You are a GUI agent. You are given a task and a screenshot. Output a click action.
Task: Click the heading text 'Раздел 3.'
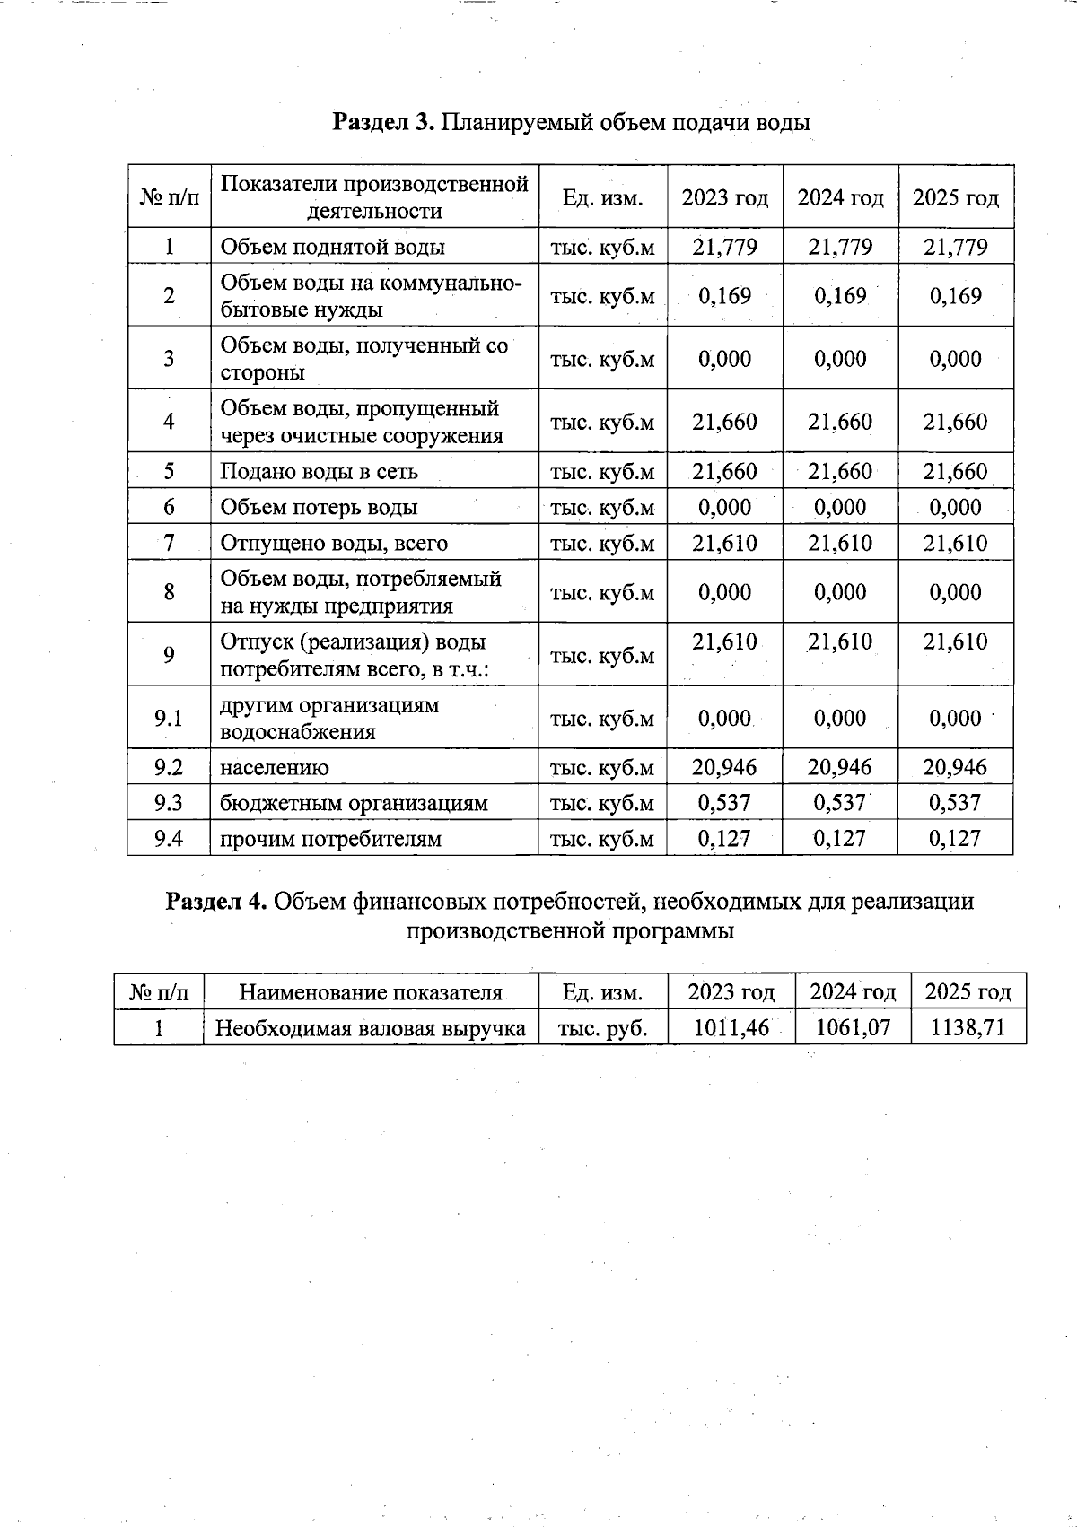point(383,122)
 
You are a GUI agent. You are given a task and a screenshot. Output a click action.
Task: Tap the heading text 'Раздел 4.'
point(216,901)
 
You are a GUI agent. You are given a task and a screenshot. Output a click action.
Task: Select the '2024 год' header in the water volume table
point(840,197)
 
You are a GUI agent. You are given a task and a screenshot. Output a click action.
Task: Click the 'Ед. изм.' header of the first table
point(602,197)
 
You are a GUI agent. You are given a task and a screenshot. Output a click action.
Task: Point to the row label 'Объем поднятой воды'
point(333,247)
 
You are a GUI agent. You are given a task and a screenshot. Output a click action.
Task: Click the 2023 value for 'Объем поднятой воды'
point(724,247)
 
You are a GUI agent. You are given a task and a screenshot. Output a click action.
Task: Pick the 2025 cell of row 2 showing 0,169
point(955,296)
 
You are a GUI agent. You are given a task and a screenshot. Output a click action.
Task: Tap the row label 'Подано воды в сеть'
point(320,472)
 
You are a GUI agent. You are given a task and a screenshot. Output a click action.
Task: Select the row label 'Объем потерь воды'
point(320,508)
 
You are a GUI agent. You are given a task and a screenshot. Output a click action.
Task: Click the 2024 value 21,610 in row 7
point(840,544)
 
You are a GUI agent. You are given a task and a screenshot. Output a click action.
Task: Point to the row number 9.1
point(169,718)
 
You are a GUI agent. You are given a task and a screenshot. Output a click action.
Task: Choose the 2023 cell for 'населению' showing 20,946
point(724,767)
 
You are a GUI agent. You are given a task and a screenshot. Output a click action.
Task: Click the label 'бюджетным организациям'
point(355,803)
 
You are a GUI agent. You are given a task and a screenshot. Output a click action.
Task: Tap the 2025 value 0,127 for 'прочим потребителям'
point(955,839)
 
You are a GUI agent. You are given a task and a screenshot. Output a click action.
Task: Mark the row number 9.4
point(169,839)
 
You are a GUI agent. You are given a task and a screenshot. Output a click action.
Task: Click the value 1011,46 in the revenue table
point(731,1028)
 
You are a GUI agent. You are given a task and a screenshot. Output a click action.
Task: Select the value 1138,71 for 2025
point(968,1028)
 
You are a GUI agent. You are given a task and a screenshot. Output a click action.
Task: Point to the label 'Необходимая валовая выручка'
point(371,1028)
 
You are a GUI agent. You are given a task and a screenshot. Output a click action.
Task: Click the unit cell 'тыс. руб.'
point(602,1028)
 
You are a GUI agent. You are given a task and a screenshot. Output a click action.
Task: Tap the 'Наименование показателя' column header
point(371,992)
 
